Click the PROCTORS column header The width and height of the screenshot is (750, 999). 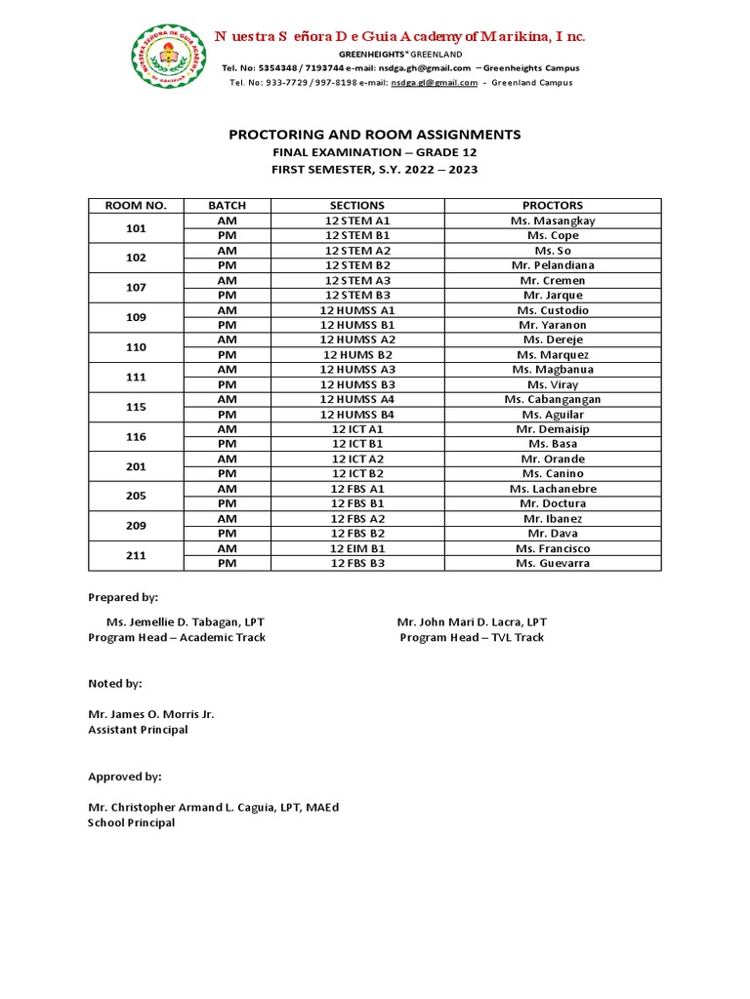[x=553, y=206]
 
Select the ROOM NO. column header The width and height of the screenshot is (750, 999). [x=136, y=206]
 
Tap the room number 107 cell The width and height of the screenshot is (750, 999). [x=136, y=288]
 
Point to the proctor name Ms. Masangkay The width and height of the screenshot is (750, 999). [x=553, y=220]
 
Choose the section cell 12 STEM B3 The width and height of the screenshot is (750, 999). [x=357, y=295]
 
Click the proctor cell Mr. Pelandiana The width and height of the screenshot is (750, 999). [x=553, y=265]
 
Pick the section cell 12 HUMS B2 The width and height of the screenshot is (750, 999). [x=357, y=355]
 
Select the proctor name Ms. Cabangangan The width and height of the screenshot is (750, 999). [x=553, y=399]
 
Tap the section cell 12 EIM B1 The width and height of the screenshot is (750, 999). [x=357, y=548]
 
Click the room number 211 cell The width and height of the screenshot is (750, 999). [x=136, y=556]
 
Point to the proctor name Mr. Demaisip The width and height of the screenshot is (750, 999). [x=553, y=429]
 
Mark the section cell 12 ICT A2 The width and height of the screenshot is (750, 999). [x=357, y=459]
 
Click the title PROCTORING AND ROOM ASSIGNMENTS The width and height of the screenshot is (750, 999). [x=375, y=135]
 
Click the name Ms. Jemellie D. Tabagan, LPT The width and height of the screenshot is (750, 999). [x=185, y=621]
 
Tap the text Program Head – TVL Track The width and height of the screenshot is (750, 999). [x=472, y=637]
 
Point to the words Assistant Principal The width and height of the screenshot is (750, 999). [x=138, y=730]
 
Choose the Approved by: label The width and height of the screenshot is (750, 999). [x=125, y=777]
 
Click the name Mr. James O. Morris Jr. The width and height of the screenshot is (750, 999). [x=151, y=714]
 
